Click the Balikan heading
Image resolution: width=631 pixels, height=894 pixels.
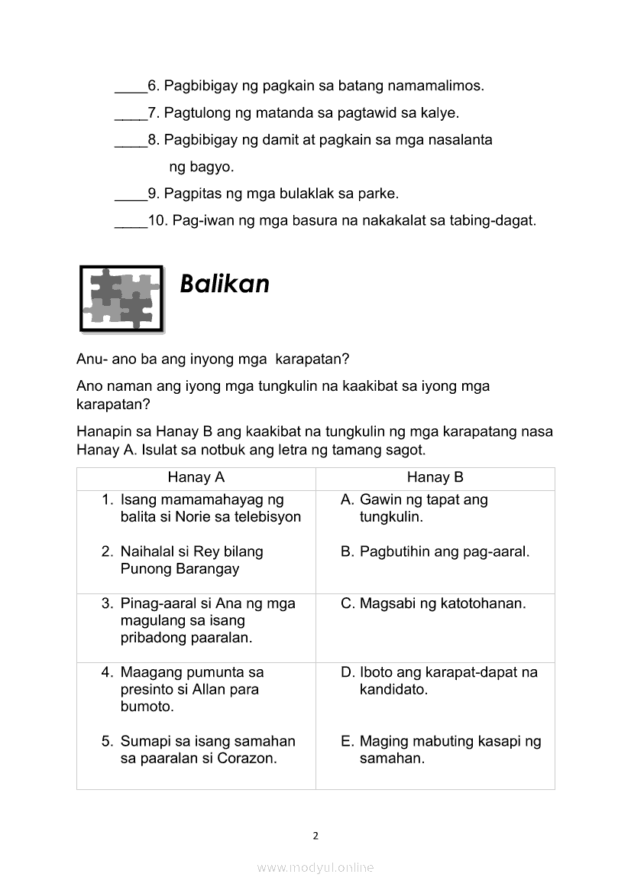click(x=225, y=284)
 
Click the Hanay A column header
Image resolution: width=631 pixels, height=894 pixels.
click(x=196, y=478)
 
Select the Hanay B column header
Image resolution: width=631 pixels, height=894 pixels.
click(x=435, y=478)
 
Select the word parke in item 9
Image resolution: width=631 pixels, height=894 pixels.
click(x=379, y=194)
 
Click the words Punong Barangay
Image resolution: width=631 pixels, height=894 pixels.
click(x=180, y=569)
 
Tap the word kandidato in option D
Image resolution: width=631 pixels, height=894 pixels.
click(x=393, y=689)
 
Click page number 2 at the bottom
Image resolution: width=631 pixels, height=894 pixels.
click(x=315, y=835)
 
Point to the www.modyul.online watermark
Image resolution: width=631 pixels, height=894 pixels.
click(x=315, y=867)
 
